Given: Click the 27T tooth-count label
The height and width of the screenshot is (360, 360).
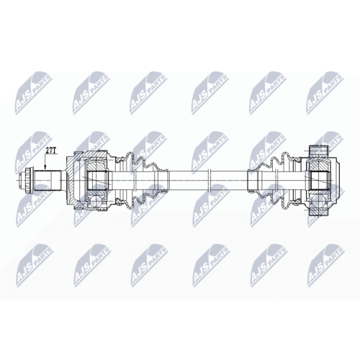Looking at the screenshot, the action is pos(50,150).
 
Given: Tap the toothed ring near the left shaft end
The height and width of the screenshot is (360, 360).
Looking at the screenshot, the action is pos(29,180).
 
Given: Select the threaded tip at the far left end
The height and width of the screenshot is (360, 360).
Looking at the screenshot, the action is pos(22,180).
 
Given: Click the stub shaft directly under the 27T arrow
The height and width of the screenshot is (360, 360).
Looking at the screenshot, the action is pos(48,180).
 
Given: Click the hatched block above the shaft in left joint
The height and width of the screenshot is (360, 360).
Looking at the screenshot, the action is pos(96,166).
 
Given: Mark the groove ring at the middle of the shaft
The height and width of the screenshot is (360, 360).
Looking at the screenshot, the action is pos(210,181).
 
